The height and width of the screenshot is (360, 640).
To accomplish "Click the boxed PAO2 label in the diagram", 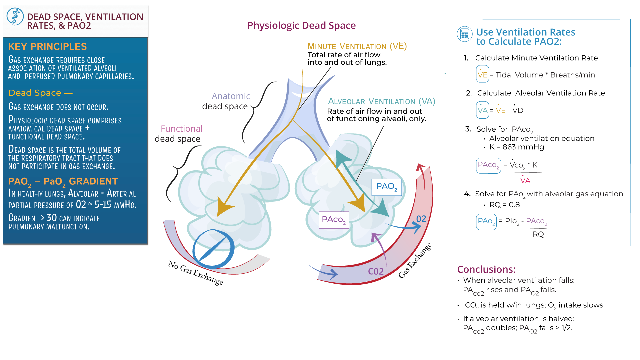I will point(386,187).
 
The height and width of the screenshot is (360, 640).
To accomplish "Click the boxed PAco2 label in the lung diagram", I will point(334,220).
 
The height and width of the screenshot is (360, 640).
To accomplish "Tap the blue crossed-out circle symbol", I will point(214,249).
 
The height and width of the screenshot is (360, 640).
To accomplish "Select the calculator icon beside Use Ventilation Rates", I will point(464,34).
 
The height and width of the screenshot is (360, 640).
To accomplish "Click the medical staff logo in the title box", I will point(15,17).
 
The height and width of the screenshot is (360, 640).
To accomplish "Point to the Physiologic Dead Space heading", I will point(302,26).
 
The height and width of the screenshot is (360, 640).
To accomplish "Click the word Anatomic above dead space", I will point(231,96).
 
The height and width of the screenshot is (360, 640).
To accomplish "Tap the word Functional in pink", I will point(181,129).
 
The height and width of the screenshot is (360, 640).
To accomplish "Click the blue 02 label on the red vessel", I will point(421,219).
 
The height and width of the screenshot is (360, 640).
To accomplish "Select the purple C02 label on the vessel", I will point(376,272).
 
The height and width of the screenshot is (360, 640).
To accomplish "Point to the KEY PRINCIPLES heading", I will point(47,47).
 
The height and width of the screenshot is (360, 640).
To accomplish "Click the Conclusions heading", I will point(486,269).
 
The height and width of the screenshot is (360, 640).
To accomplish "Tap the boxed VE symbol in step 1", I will point(482,75).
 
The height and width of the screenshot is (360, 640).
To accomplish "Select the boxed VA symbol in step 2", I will point(482,110).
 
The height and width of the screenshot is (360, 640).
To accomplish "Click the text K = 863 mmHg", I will point(516,147).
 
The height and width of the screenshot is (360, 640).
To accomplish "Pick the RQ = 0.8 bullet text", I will point(504,205).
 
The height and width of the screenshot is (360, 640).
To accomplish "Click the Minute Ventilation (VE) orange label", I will point(357,46).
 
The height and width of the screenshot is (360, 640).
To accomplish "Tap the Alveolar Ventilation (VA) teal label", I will point(381,101).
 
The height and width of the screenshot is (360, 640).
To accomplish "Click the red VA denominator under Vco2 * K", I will point(525,181).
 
